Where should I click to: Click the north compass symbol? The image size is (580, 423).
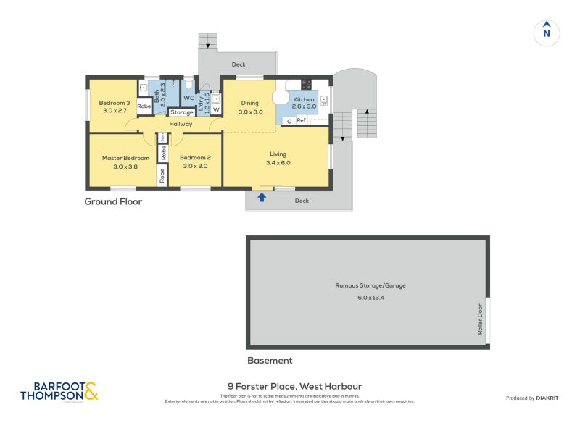[547, 33]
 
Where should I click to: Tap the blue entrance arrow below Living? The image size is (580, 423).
[262, 196]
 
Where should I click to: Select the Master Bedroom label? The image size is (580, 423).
[125, 158]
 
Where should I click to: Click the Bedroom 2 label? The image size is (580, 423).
[195, 158]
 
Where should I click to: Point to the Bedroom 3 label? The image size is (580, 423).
[115, 103]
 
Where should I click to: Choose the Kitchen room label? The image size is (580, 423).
[304, 99]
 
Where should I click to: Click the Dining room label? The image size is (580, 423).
[251, 103]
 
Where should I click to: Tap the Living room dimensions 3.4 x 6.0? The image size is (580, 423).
[278, 163]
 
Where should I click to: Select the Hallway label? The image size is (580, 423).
[181, 124]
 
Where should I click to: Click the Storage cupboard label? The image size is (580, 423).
[182, 112]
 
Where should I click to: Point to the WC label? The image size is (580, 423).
[188, 98]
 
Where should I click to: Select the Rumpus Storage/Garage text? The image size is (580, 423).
[370, 285]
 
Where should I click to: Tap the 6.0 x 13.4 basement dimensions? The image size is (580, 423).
[370, 298]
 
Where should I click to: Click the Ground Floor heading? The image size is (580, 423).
[113, 202]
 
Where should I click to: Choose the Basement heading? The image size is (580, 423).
[270, 360]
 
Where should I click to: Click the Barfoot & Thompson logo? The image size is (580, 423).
[59, 392]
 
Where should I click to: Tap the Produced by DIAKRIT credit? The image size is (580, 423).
[536, 398]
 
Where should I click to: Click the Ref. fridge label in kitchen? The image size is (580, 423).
[302, 121]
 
